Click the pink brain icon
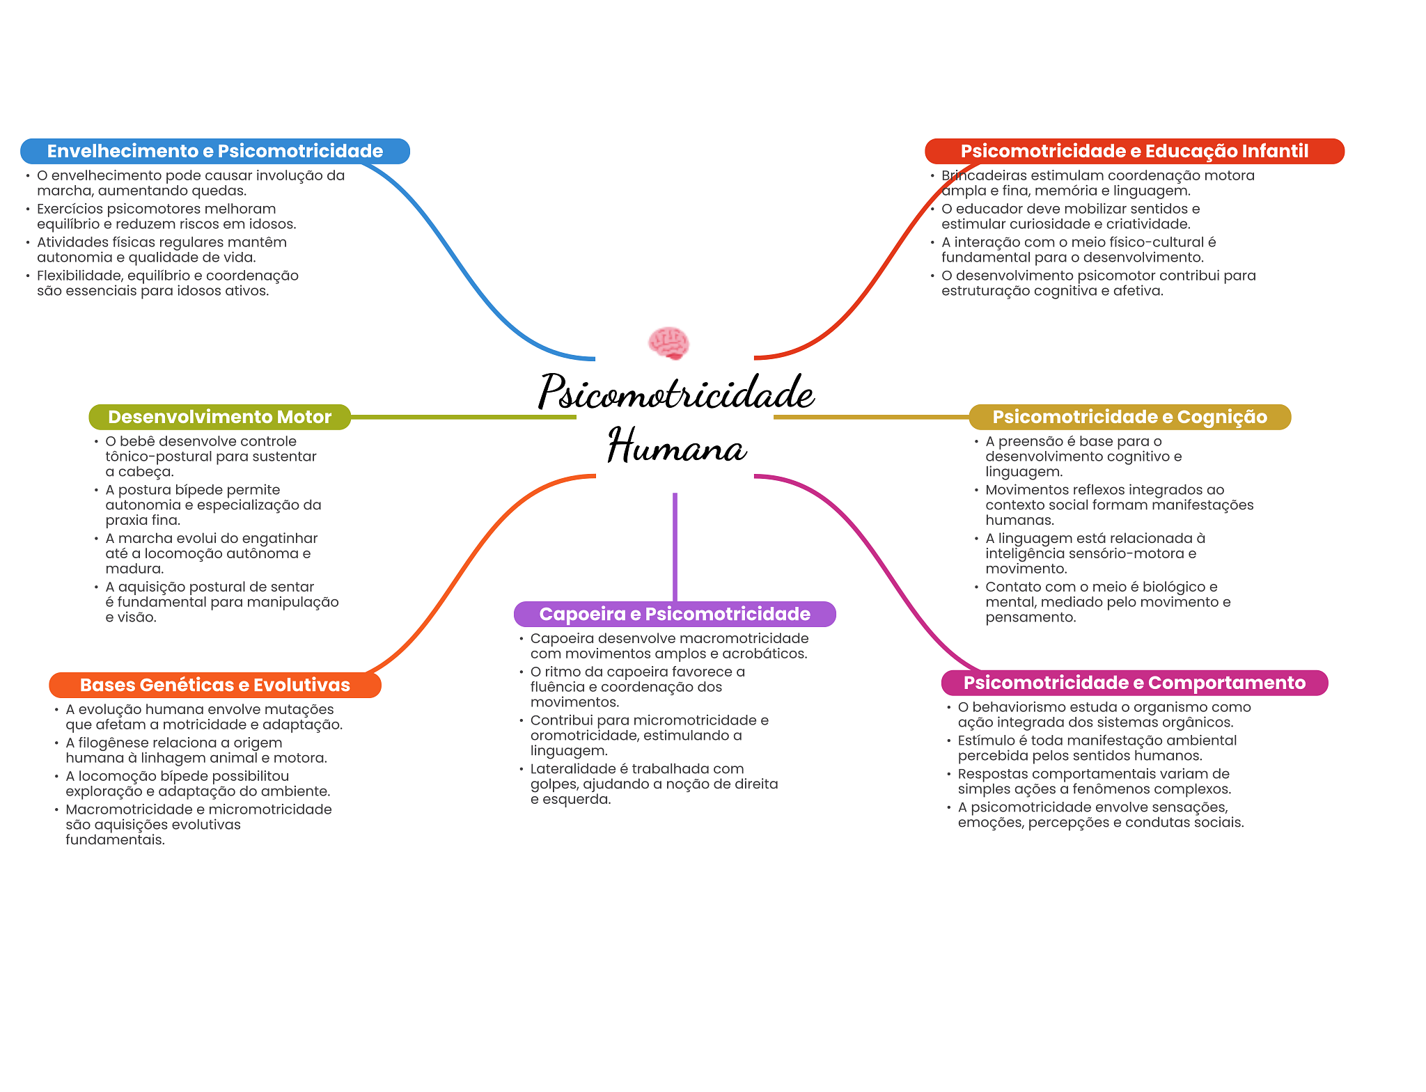pos(668,343)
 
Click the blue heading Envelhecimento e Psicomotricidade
pos(215,151)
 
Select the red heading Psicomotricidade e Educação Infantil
pos(1134,151)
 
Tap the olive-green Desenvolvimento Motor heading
pos(220,417)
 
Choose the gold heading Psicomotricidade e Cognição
pos(1129,417)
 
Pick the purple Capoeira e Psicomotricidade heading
pos(675,614)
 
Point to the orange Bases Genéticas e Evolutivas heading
pos(215,685)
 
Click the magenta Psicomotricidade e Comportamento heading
pos(1134,683)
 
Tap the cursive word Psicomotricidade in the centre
pos(676,391)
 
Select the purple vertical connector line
pos(675,547)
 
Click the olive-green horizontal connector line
pos(464,417)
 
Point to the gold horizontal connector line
pos(871,417)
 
